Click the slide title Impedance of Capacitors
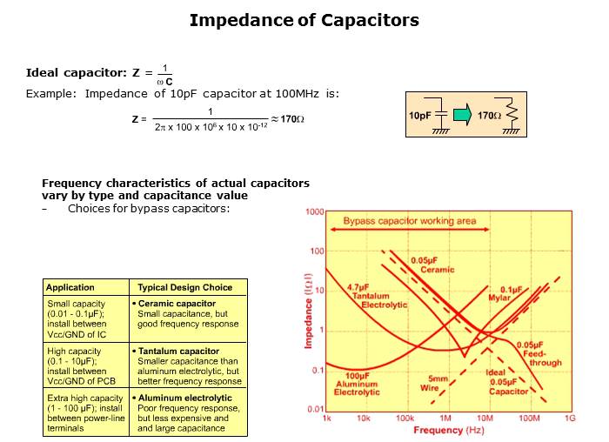[x=304, y=20]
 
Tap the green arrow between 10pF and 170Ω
[x=462, y=115]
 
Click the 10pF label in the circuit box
[x=419, y=116]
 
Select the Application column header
[x=70, y=287]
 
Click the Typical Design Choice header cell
[x=184, y=287]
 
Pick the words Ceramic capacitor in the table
[x=177, y=304]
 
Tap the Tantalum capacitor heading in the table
[x=178, y=352]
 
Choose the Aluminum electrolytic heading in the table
[x=184, y=398]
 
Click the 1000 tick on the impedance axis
[x=315, y=211]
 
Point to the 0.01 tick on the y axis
[x=315, y=409]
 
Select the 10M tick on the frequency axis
[x=485, y=419]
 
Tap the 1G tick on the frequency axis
[x=570, y=419]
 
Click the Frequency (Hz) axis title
[x=449, y=430]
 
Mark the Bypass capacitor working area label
[x=410, y=221]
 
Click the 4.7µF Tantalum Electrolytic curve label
[x=376, y=296]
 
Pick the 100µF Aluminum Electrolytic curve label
[x=357, y=384]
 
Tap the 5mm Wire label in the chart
[x=434, y=384]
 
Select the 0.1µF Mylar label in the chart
[x=505, y=293]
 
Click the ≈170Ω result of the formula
[x=287, y=119]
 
